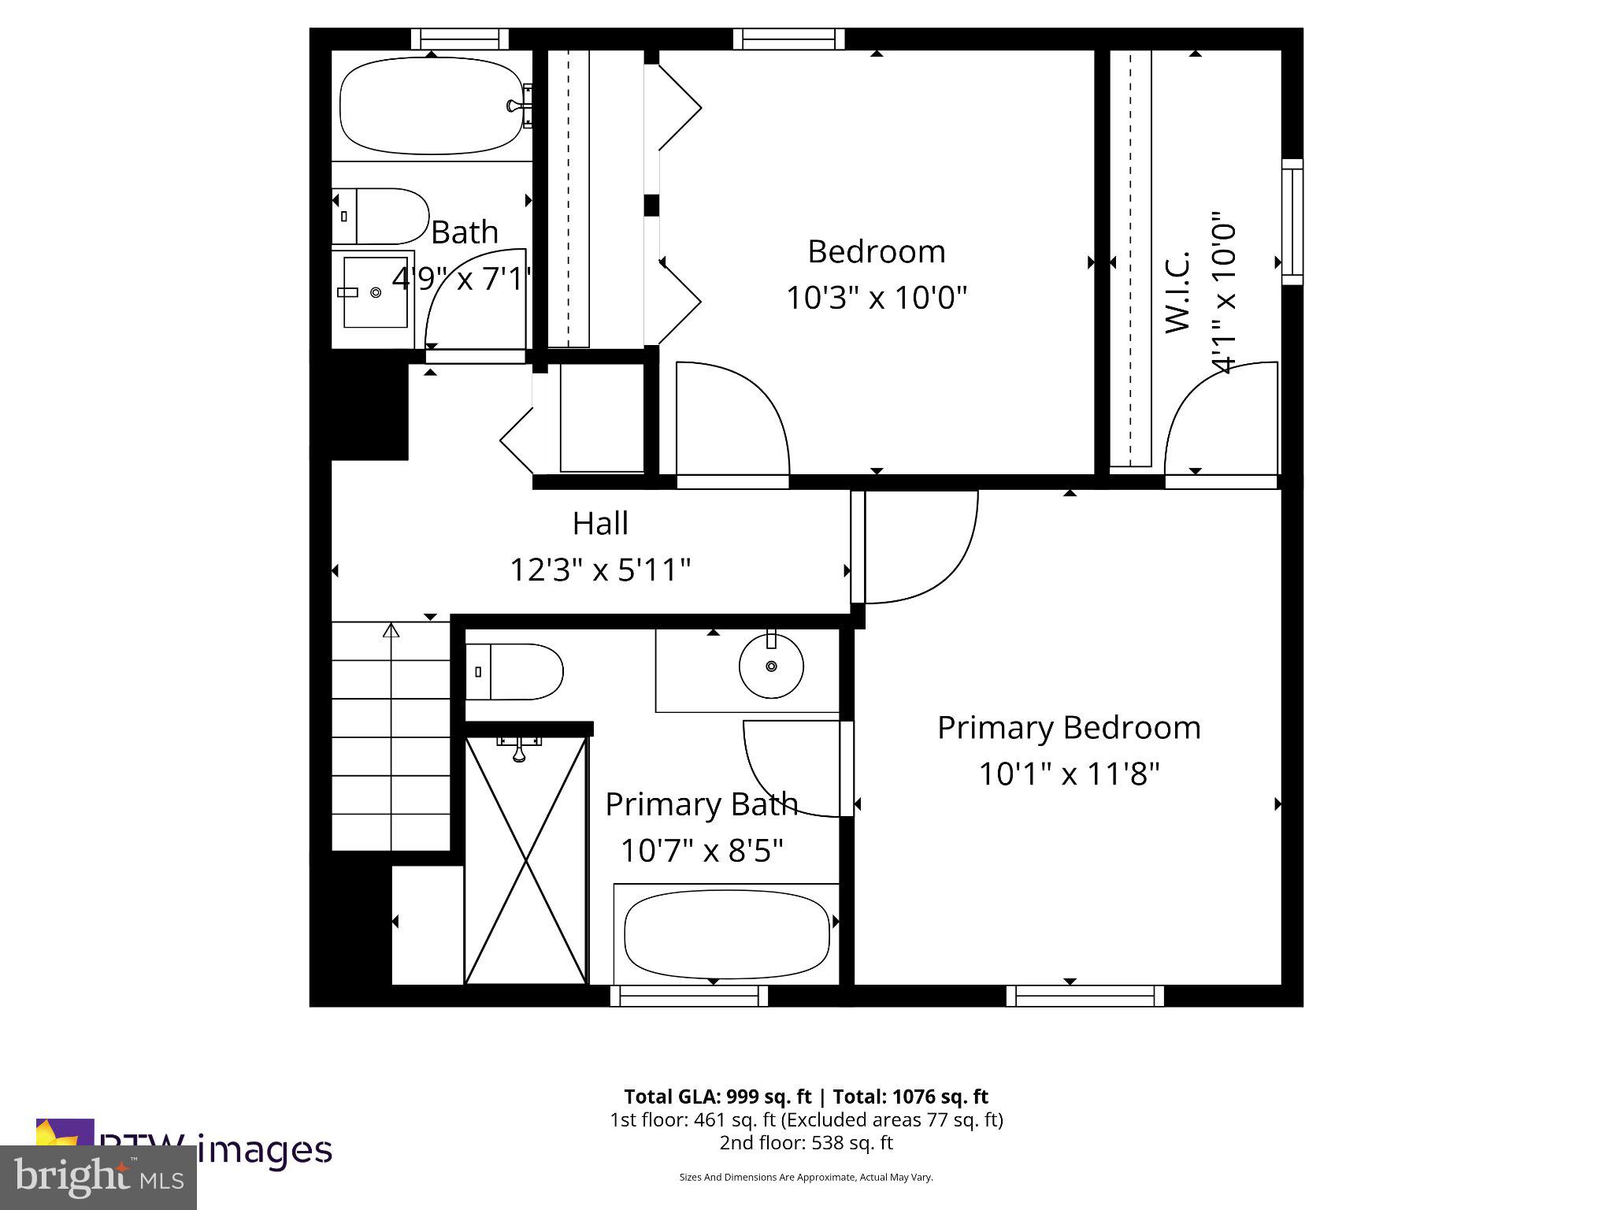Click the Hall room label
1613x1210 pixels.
click(600, 524)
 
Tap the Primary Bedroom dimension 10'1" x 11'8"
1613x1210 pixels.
click(1069, 774)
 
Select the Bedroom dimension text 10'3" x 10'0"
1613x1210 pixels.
click(876, 298)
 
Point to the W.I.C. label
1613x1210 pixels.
click(1177, 291)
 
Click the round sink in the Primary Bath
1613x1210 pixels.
click(771, 666)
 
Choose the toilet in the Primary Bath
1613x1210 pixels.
click(514, 672)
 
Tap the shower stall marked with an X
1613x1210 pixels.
click(526, 860)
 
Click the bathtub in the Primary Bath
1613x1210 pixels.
click(726, 934)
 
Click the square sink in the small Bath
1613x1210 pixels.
click(376, 292)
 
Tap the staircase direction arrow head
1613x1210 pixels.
click(391, 630)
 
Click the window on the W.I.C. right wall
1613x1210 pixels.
click(1292, 221)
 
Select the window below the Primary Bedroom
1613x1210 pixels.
click(1085, 997)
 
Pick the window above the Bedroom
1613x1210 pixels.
click(788, 39)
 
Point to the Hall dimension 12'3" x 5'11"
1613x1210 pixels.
click(600, 570)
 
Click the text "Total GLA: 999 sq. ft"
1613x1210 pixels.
click(718, 1097)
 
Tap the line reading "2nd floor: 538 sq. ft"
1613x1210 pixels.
click(806, 1142)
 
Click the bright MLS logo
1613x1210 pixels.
click(98, 1178)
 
